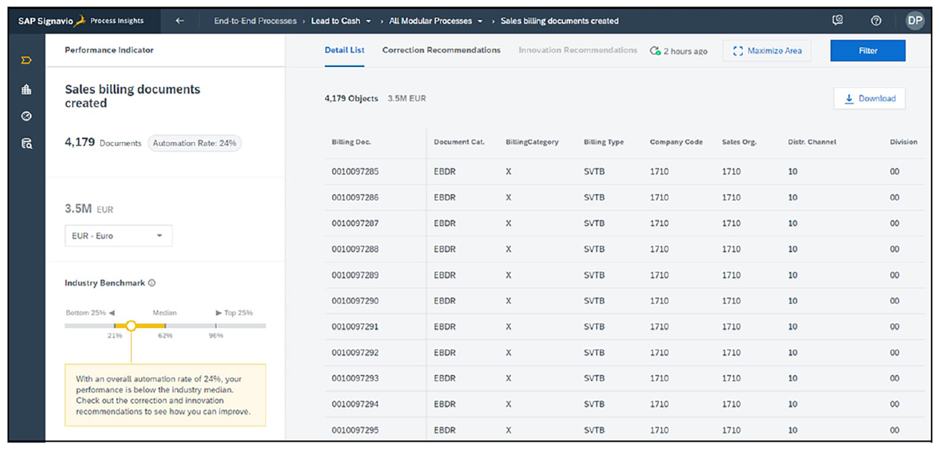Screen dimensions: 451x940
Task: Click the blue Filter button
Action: tap(867, 51)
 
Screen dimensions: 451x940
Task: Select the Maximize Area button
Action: tap(767, 51)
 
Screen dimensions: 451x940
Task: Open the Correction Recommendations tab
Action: tap(441, 50)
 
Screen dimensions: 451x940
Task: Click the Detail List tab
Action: tap(344, 50)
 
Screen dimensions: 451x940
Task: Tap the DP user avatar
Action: tap(915, 21)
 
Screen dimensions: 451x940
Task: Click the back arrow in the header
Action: tap(180, 21)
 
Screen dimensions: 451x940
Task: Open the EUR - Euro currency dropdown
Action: tap(118, 235)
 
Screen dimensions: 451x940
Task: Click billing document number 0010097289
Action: tap(355, 275)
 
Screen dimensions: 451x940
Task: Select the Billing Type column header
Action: tap(603, 142)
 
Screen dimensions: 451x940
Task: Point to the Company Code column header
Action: tap(676, 142)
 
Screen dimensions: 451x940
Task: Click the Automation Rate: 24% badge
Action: tap(195, 143)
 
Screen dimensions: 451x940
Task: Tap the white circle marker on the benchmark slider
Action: tap(131, 325)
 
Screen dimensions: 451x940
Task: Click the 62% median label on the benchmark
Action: tap(166, 335)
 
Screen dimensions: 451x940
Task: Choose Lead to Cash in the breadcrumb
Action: tap(335, 21)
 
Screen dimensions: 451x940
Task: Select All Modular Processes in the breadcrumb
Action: tap(430, 21)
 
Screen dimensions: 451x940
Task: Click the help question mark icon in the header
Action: tap(876, 21)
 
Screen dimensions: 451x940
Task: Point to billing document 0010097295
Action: tap(355, 430)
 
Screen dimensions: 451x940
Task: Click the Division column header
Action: tap(903, 142)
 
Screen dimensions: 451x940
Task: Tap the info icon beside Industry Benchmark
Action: tap(152, 283)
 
